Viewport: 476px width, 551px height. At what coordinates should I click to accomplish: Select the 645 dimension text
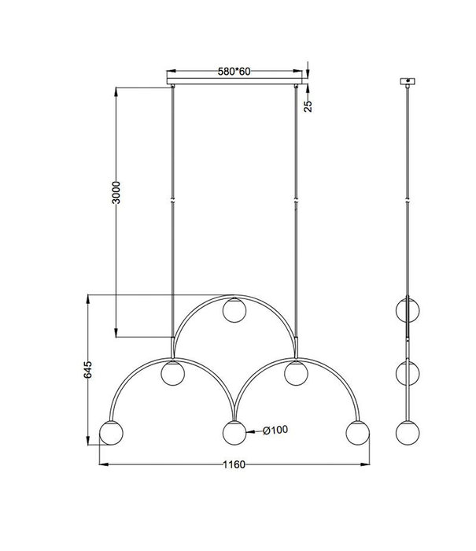(x=90, y=371)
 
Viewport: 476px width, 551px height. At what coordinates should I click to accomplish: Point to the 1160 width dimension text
(x=234, y=464)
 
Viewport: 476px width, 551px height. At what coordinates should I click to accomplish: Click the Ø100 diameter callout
(x=273, y=430)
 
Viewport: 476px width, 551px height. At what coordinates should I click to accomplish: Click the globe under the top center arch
(x=234, y=309)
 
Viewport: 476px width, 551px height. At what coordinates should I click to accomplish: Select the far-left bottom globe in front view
(x=111, y=433)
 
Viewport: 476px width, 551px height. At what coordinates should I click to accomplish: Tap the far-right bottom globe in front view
(x=357, y=433)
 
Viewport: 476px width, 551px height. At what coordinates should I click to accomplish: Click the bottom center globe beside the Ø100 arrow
(x=234, y=433)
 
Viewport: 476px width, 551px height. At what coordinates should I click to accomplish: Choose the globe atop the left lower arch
(x=172, y=373)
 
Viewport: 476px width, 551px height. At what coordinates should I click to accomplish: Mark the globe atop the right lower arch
(x=296, y=373)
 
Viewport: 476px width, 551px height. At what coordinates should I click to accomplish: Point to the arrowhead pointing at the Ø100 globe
(x=249, y=431)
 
